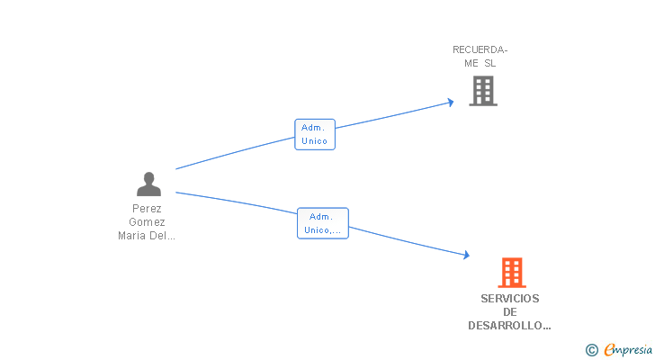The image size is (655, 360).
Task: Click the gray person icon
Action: pyautogui.click(x=148, y=184)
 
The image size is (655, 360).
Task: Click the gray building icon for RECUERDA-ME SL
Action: pyautogui.click(x=483, y=91)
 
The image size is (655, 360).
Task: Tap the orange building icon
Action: pyautogui.click(x=511, y=272)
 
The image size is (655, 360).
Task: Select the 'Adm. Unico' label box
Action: pyautogui.click(x=315, y=134)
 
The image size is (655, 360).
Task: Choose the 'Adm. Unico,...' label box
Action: pyautogui.click(x=322, y=223)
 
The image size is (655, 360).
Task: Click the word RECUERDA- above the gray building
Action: pyautogui.click(x=480, y=49)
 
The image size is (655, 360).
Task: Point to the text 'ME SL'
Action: pyautogui.click(x=480, y=63)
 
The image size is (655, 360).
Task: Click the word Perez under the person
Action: pyautogui.click(x=147, y=208)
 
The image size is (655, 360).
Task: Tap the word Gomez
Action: pyautogui.click(x=147, y=222)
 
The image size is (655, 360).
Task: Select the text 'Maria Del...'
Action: pyautogui.click(x=147, y=237)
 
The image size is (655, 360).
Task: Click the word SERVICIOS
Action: pyautogui.click(x=509, y=298)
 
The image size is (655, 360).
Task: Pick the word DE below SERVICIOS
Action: pyautogui.click(x=509, y=312)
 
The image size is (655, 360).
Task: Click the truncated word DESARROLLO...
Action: pyautogui.click(x=509, y=327)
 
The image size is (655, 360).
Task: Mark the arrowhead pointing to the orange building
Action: pyautogui.click(x=465, y=256)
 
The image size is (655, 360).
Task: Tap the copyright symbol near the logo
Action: pyautogui.click(x=591, y=349)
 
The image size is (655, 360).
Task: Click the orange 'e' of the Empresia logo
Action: pyautogui.click(x=609, y=349)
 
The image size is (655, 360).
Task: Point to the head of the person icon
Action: pyautogui.click(x=148, y=177)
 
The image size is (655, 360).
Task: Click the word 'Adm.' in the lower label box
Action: pyautogui.click(x=321, y=216)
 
